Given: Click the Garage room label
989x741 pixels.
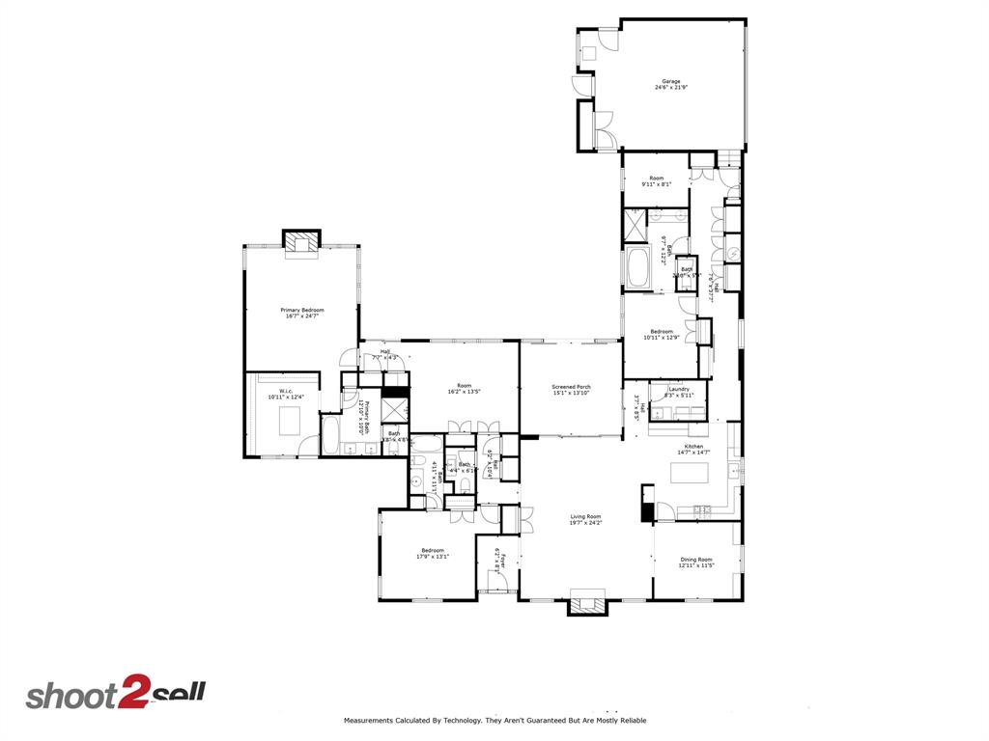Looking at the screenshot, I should pos(670,81).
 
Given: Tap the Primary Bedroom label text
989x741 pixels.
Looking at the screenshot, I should pos(302,310).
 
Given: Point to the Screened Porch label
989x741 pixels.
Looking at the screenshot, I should pos(571,387).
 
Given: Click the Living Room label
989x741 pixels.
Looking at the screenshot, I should pos(585,517).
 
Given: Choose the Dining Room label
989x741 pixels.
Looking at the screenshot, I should pos(696,560).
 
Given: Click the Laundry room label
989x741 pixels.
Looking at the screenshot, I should pos(678,389).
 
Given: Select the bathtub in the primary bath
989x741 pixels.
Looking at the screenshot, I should pos(328,437).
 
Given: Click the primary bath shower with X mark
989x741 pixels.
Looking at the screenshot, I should pos(394,409).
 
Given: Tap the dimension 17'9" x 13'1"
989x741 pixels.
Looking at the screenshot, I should pos(432,557).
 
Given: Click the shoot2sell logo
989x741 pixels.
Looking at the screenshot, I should pos(115,695).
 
